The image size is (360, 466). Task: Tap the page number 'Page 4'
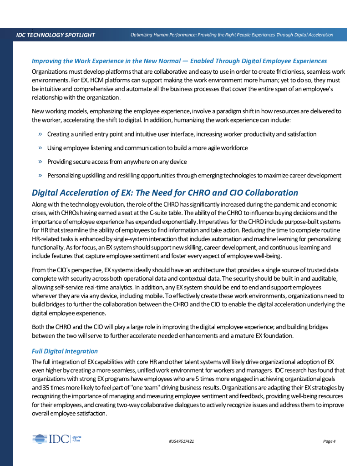click(329, 441)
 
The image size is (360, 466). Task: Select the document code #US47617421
click(181, 441)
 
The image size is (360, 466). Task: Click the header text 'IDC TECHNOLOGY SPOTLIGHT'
click(56, 35)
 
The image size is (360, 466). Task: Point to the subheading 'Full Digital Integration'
click(65, 351)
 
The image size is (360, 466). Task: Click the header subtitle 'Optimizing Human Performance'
click(232, 35)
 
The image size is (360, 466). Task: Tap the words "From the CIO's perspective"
click(68, 270)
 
